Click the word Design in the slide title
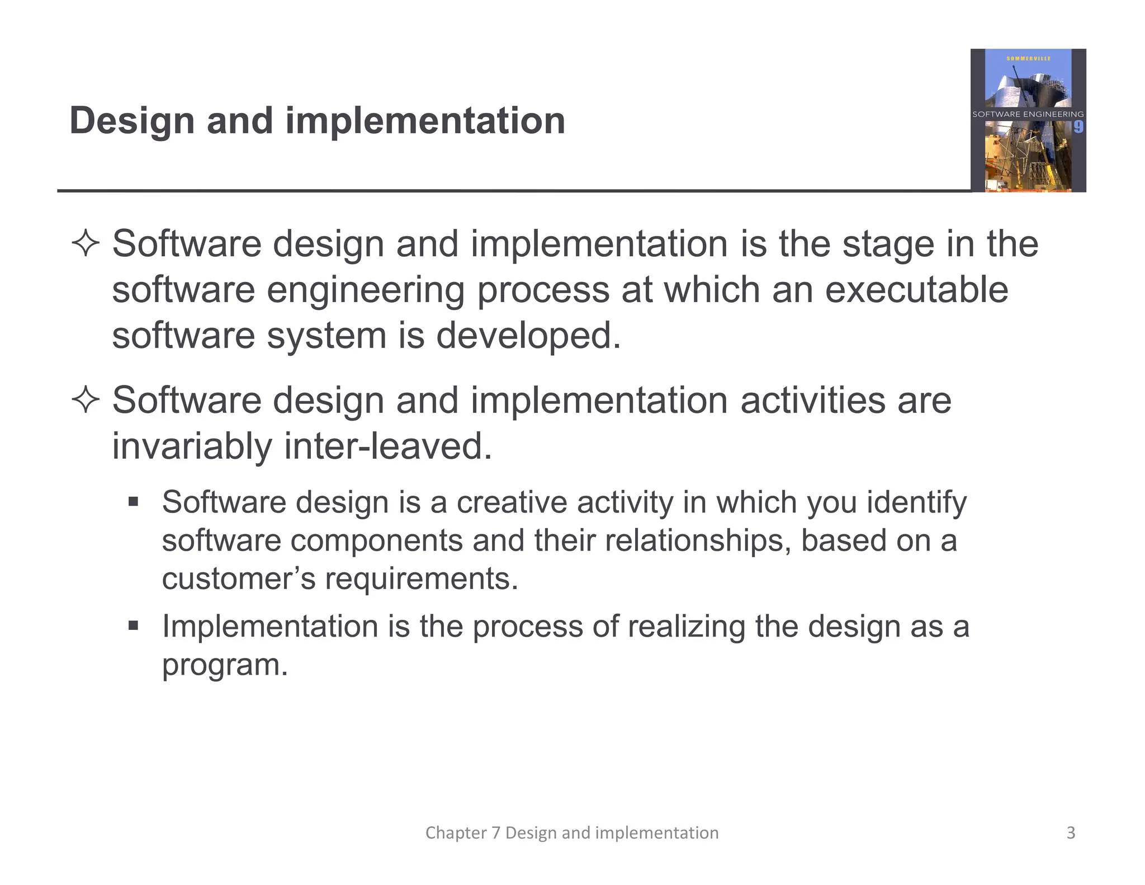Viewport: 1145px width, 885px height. [x=131, y=121]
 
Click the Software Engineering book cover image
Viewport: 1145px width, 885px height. [x=1028, y=120]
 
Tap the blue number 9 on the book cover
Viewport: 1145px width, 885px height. [x=1078, y=127]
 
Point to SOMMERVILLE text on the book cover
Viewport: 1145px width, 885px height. [x=1028, y=59]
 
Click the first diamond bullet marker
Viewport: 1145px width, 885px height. [x=86, y=244]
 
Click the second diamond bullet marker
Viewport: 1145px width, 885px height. [x=86, y=401]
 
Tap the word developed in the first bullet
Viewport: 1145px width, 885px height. [x=528, y=336]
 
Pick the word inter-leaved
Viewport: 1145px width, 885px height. [x=388, y=446]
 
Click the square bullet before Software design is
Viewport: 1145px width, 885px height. [x=133, y=501]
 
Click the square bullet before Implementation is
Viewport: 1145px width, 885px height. [x=133, y=625]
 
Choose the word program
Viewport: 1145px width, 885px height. [x=224, y=665]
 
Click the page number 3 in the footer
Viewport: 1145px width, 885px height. [x=1071, y=832]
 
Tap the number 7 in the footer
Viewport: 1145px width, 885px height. [x=495, y=832]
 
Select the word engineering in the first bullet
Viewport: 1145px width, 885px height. [x=365, y=291]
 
